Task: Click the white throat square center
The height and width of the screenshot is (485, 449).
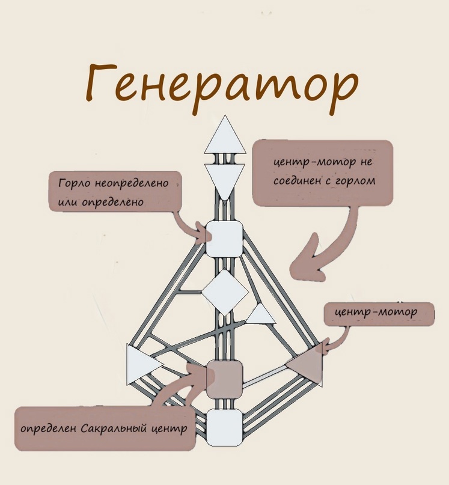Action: tap(224, 238)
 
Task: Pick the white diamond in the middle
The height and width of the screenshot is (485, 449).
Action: tap(224, 292)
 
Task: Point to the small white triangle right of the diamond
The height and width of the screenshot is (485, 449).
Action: tap(261, 315)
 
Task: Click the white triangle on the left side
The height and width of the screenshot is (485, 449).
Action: tap(140, 365)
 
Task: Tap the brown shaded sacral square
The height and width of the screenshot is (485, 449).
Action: tap(224, 379)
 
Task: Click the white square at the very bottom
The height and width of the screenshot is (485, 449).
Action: tap(224, 427)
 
